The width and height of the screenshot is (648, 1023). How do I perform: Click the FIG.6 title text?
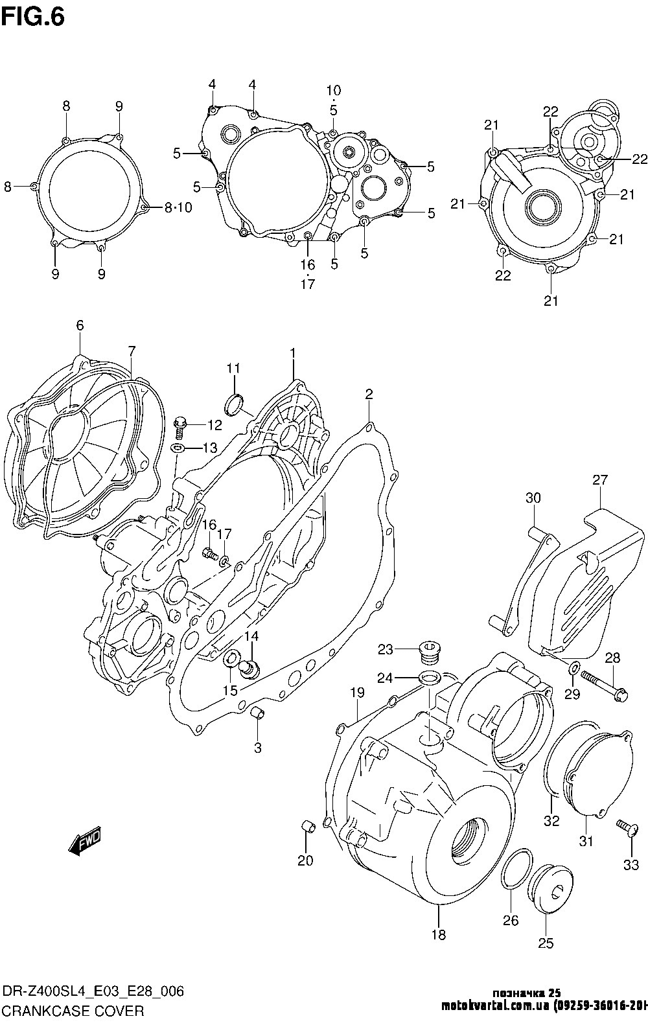click(32, 17)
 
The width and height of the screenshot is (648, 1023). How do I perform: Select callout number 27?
click(600, 480)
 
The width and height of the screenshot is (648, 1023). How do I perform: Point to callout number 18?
click(439, 934)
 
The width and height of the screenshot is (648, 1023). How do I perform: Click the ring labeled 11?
click(235, 404)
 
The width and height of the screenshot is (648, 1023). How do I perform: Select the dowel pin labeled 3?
click(257, 714)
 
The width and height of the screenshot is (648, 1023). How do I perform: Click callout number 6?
click(80, 326)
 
